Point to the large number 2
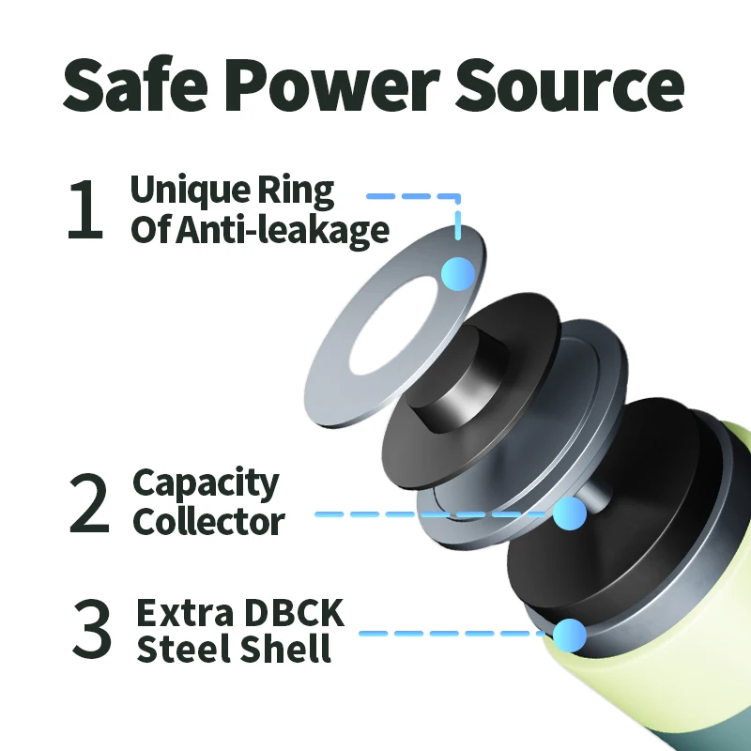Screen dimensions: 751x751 90,503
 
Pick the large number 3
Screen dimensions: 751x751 92,630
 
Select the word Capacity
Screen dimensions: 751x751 206,484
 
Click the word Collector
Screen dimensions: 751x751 208,521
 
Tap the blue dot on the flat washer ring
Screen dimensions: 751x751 458,273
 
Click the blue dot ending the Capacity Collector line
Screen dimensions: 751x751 569,513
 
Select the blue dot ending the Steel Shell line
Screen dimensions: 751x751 569,635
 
